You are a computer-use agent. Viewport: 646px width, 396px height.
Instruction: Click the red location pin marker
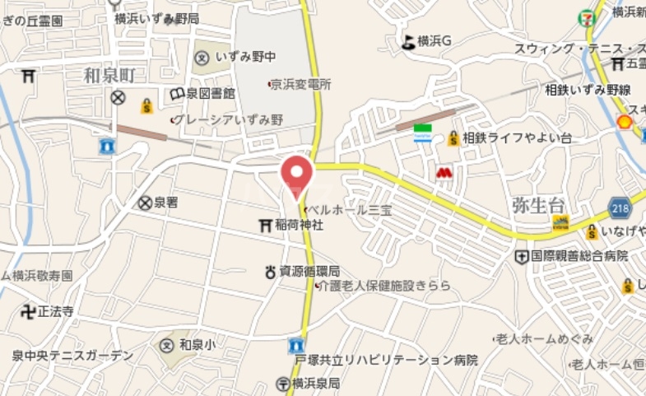[297, 175]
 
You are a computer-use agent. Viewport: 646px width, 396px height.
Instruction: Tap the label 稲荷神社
[300, 225]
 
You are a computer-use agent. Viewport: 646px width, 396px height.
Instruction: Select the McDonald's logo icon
[444, 174]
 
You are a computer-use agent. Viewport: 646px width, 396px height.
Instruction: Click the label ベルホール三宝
[351, 210]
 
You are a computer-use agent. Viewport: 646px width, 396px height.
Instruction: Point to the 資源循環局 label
[309, 272]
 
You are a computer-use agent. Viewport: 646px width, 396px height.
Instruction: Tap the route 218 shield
[620, 207]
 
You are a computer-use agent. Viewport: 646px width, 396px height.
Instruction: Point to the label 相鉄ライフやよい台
[517, 138]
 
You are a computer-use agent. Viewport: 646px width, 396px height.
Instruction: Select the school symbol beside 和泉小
[168, 345]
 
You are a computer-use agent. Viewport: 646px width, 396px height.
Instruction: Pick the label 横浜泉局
[317, 384]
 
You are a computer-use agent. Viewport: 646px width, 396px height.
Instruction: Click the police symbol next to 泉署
[145, 202]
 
